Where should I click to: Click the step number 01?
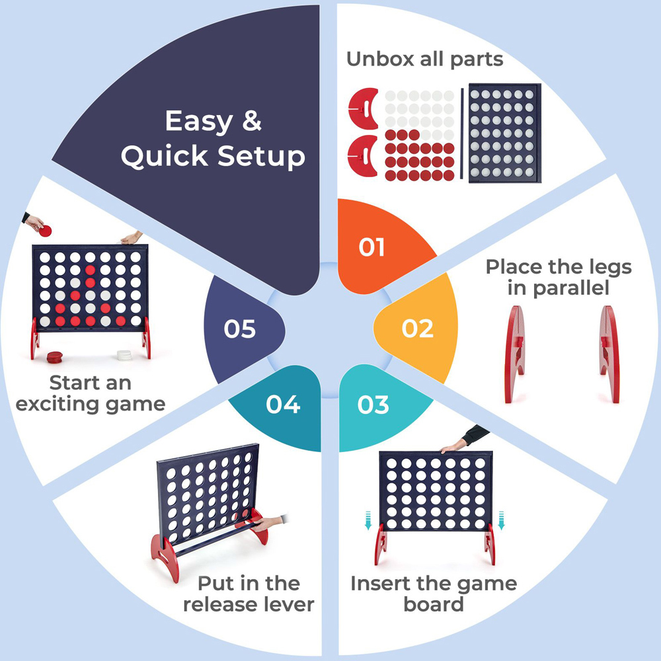pyautogui.click(x=371, y=247)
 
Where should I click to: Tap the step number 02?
pyautogui.click(x=417, y=329)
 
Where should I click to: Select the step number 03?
pyautogui.click(x=373, y=404)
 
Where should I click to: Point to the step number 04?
pyautogui.click(x=283, y=404)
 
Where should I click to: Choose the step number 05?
pyautogui.click(x=239, y=329)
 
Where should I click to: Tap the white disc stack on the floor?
pyautogui.click(x=123, y=354)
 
